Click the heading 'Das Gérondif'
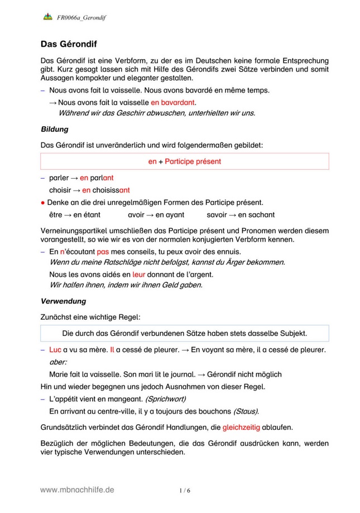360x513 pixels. pyautogui.click(x=69, y=44)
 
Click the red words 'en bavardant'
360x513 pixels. pyautogui.click(x=174, y=102)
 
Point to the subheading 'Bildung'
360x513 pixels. pyautogui.click(x=55, y=129)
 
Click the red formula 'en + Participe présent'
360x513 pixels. pyautogui.click(x=184, y=161)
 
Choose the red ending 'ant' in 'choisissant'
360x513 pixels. pyautogui.click(x=124, y=190)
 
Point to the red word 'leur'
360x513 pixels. pyautogui.click(x=138, y=275)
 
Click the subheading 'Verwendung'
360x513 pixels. pyautogui.click(x=63, y=301)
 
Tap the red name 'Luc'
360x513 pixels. pyautogui.click(x=55, y=350)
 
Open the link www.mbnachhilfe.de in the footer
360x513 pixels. pyautogui.click(x=77, y=489)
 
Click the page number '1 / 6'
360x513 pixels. pyautogui.click(x=185, y=490)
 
